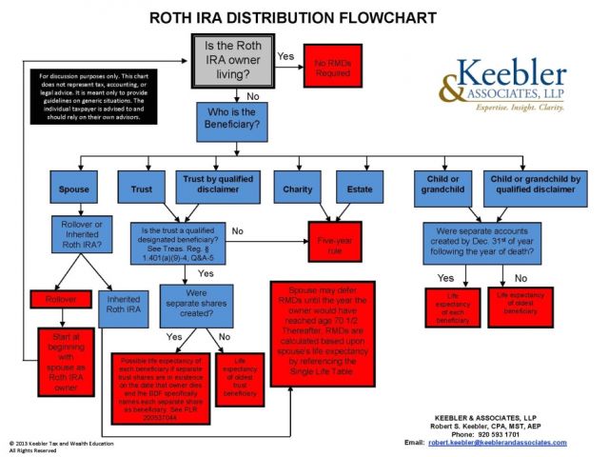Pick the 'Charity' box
(x=297, y=189)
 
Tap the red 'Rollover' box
(x=60, y=300)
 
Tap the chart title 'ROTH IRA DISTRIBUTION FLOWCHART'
(x=294, y=18)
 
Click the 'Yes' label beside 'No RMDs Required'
(x=285, y=56)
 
